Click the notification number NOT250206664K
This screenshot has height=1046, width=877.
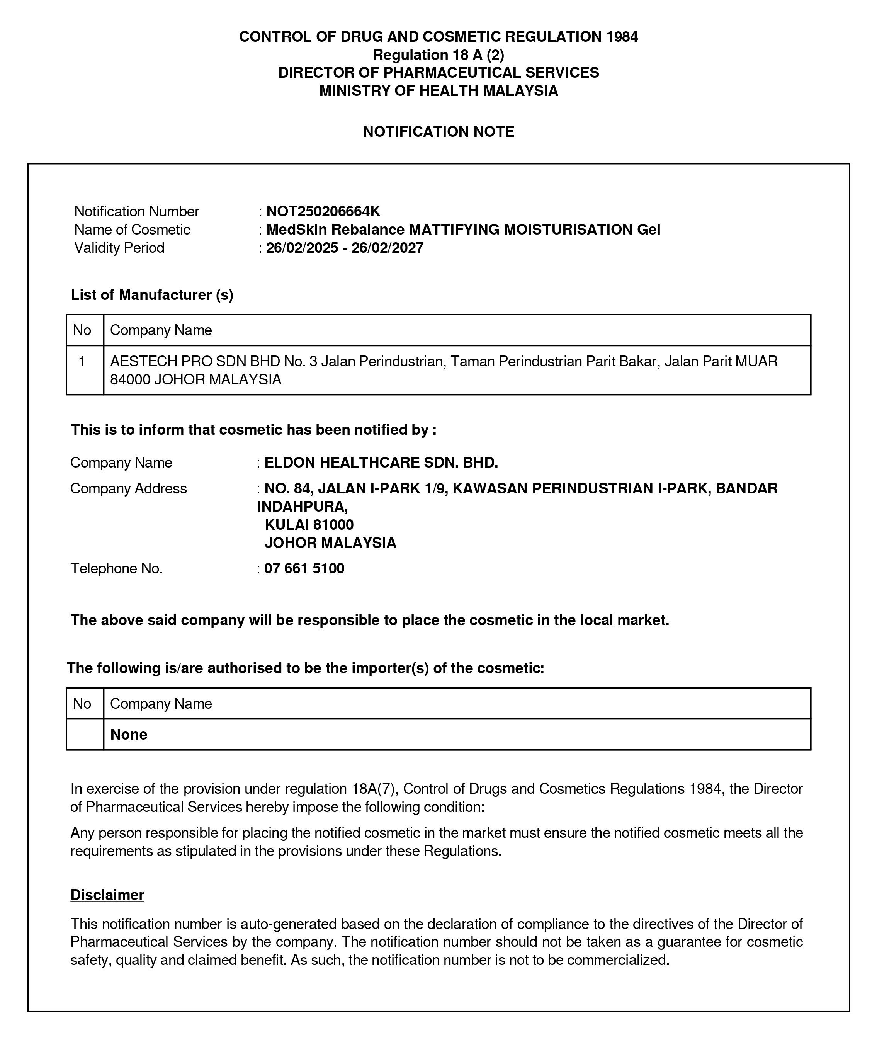323,211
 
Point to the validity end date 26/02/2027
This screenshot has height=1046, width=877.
388,248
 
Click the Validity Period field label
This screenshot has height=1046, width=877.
119,248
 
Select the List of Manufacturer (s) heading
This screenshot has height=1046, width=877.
152,295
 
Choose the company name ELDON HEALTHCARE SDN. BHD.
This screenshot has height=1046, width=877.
381,463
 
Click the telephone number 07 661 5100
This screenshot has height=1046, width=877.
304,568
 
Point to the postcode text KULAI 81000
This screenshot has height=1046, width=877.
309,524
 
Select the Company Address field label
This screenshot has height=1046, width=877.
129,489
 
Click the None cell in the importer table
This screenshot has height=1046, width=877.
129,734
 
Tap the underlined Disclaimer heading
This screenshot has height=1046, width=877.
107,895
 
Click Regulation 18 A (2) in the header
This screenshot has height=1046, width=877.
438,54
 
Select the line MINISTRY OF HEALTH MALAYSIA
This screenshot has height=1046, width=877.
438,91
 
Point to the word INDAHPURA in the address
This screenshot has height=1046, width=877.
301,507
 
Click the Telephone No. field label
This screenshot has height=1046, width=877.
117,568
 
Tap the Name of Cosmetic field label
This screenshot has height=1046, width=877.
132,230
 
